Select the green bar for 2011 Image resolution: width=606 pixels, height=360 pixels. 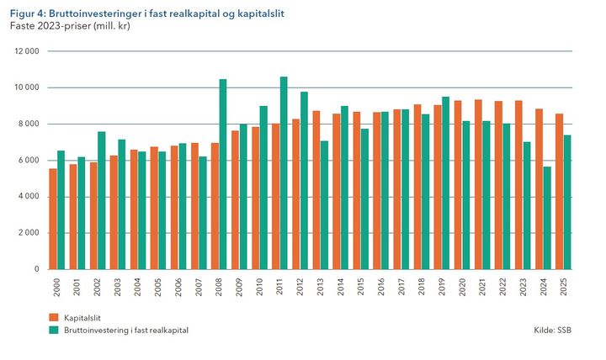284,172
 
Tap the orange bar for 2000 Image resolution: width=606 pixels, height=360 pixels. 53,219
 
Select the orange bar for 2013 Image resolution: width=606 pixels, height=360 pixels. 316,189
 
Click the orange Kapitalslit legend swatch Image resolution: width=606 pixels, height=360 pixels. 53,318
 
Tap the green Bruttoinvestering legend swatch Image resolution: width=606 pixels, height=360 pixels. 53,331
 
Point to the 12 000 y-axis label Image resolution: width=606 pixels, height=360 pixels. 28,51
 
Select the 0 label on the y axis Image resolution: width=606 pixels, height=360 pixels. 38,269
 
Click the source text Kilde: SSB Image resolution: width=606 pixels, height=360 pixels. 552,331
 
